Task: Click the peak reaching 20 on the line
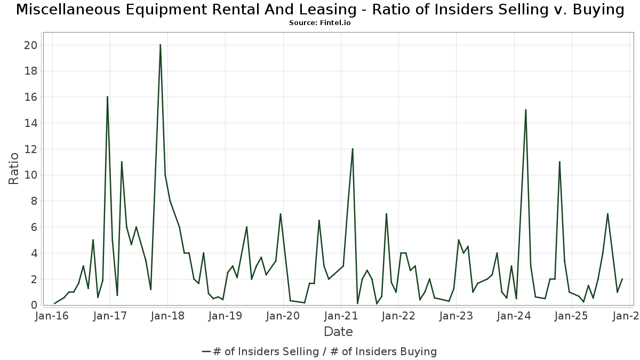pyautogui.click(x=160, y=45)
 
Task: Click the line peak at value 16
pyautogui.click(x=107, y=97)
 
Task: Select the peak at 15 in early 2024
pyautogui.click(x=526, y=110)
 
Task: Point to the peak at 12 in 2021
pyautogui.click(x=353, y=149)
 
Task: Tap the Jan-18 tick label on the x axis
pyautogui.click(x=167, y=316)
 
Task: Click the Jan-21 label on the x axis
pyautogui.click(x=341, y=316)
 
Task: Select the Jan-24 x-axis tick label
pyautogui.click(x=514, y=316)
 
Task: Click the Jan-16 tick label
pyautogui.click(x=52, y=316)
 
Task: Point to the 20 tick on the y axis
pyautogui.click(x=30, y=45)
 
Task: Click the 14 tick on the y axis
pyautogui.click(x=30, y=123)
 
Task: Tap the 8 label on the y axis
pyautogui.click(x=34, y=201)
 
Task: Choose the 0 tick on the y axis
pyautogui.click(x=34, y=305)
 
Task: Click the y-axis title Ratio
pyautogui.click(x=14, y=169)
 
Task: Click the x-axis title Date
pyautogui.click(x=338, y=332)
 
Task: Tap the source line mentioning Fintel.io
pyautogui.click(x=319, y=23)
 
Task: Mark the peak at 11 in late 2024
pyautogui.click(x=559, y=162)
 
